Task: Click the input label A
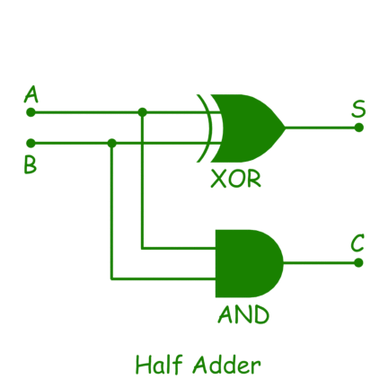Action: click(x=31, y=94)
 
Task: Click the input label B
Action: click(x=31, y=165)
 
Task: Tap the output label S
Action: click(x=358, y=109)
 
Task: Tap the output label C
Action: click(x=357, y=242)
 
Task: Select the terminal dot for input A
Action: click(x=31, y=112)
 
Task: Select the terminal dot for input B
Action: click(x=31, y=144)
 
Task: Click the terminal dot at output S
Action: click(x=358, y=128)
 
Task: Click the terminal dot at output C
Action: click(x=358, y=263)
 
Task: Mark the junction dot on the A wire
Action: click(x=143, y=112)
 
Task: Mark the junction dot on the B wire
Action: click(x=111, y=144)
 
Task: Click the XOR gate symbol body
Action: click(x=249, y=128)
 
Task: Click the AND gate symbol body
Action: click(x=249, y=263)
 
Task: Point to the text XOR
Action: click(x=236, y=179)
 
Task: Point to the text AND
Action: click(x=243, y=314)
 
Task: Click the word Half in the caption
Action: click(x=159, y=364)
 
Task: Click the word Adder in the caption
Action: click(x=226, y=365)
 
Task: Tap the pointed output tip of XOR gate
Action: click(x=286, y=128)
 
